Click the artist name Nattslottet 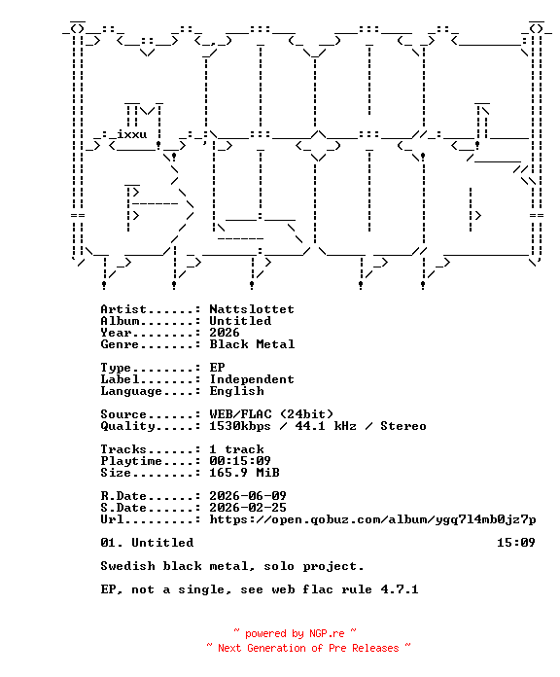pos(252,309)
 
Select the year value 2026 pos(225,333)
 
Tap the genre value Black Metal pos(252,344)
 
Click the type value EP pos(217,368)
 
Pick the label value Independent pos(252,379)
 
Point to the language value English pos(236,391)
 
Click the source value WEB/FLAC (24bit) pos(271,414)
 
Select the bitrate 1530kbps pos(240,426)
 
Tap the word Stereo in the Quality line pos(402,426)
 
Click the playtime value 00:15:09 pos(240,461)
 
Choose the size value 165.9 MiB pos(244,473)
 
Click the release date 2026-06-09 pos(248,496)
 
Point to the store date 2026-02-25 pos(248,508)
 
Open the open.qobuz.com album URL pos(372,519)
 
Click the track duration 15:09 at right pos(516,543)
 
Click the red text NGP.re pos(327,634)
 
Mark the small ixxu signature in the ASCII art pos(131,134)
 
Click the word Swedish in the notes pos(127,566)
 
